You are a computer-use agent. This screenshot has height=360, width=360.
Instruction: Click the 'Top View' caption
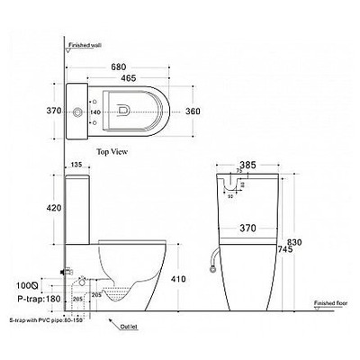[125, 152]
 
